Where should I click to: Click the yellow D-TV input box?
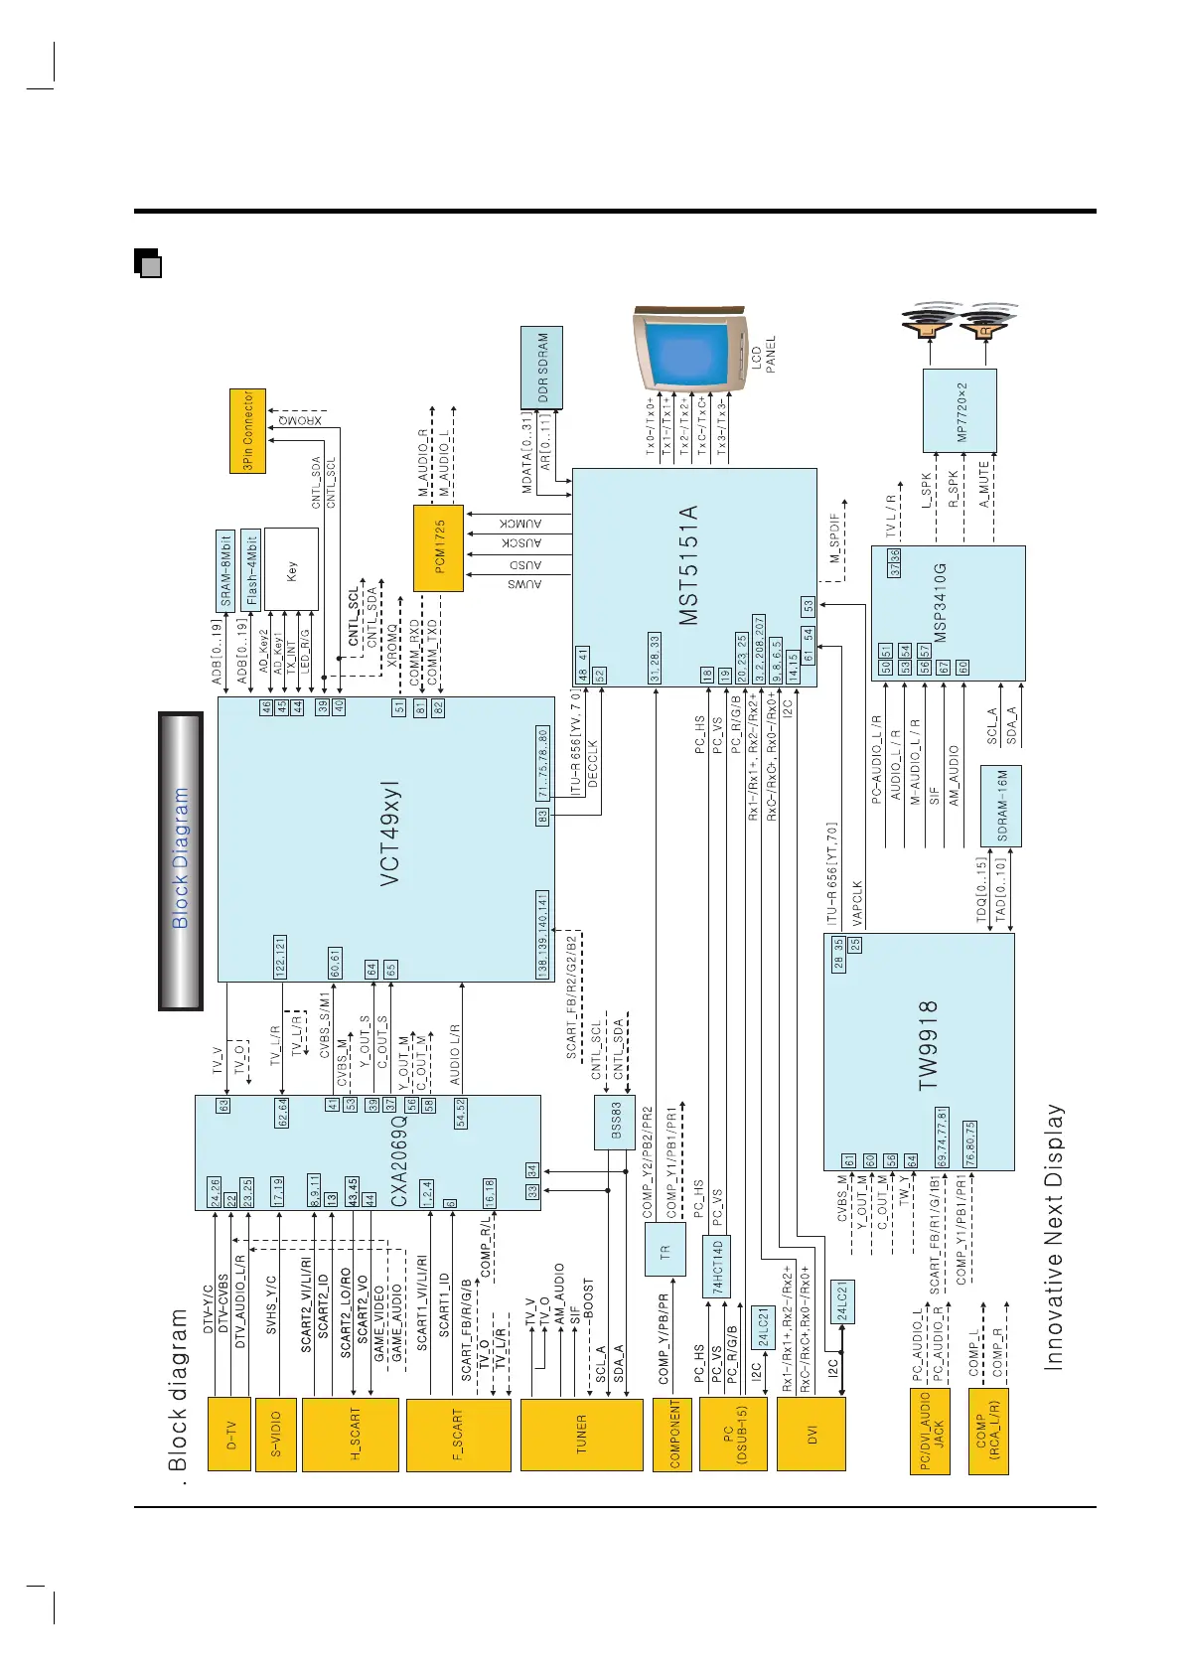pyautogui.click(x=229, y=1434)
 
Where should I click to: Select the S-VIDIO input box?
pyautogui.click(x=276, y=1434)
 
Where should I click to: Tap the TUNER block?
pyautogui.click(x=582, y=1434)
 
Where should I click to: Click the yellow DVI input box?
pyautogui.click(x=812, y=1434)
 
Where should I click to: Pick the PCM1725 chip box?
pyautogui.click(x=439, y=547)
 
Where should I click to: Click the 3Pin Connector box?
pyautogui.click(x=248, y=430)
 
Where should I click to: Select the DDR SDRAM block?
pyautogui.click(x=542, y=368)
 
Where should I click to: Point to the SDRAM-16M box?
pyautogui.click(x=1003, y=806)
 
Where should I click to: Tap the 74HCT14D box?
pyautogui.click(x=718, y=1267)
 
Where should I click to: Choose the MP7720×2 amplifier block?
pyautogui.click(x=960, y=410)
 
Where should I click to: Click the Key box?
pyautogui.click(x=291, y=568)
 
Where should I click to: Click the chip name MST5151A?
pyautogui.click(x=688, y=565)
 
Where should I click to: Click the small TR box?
pyautogui.click(x=665, y=1252)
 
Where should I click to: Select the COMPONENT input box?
pyautogui.click(x=675, y=1434)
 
